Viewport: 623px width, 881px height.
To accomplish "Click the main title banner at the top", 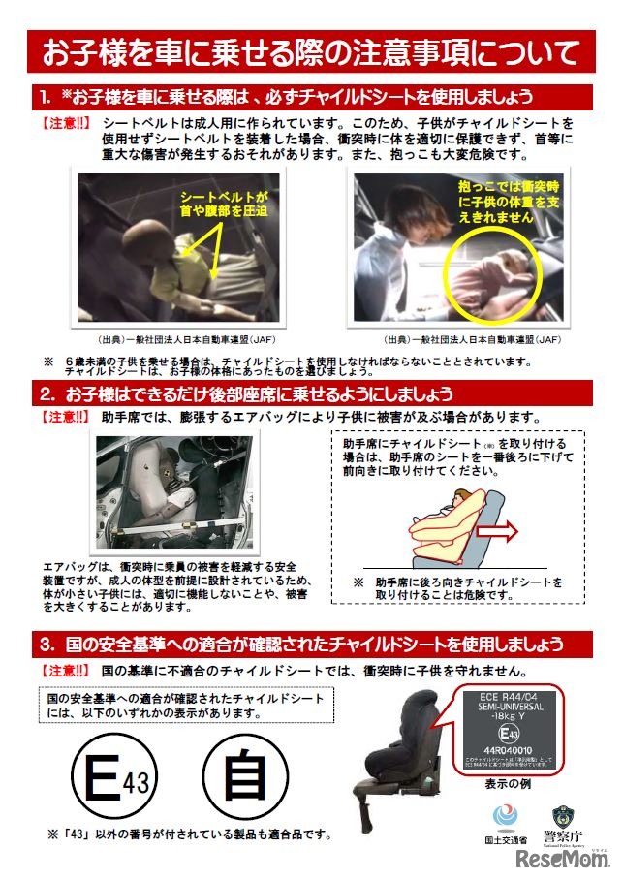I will (311, 52).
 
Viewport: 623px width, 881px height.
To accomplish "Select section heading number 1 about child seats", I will (311, 98).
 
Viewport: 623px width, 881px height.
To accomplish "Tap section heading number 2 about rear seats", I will (311, 393).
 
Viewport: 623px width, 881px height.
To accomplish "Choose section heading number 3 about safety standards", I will (311, 644).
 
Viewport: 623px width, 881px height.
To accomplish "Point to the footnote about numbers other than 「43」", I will (194, 834).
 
